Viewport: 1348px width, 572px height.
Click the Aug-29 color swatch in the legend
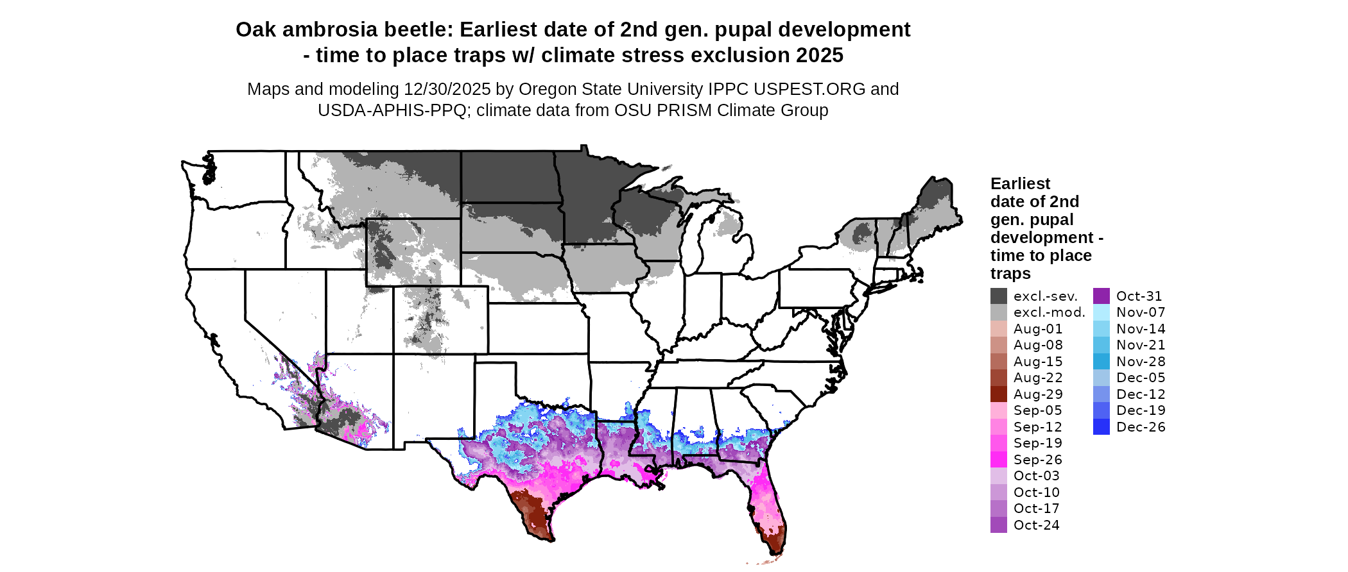click(x=998, y=394)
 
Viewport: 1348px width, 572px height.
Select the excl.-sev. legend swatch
click(x=998, y=296)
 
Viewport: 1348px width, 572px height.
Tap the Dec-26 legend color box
click(x=1101, y=427)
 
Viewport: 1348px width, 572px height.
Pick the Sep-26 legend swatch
click(x=998, y=460)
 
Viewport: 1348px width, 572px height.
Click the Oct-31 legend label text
click(x=1139, y=296)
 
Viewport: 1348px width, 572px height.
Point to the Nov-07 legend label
click(x=1140, y=312)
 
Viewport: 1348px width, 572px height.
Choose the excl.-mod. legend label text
click(x=1049, y=312)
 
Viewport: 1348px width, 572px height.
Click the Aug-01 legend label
click(x=1037, y=329)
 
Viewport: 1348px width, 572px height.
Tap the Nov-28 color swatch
click(x=1101, y=362)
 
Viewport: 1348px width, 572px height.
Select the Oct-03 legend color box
click(x=998, y=476)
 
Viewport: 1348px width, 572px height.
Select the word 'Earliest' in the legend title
click(x=1020, y=184)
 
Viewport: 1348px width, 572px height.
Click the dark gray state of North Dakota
click(x=507, y=176)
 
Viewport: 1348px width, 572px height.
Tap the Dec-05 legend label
click(x=1140, y=378)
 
